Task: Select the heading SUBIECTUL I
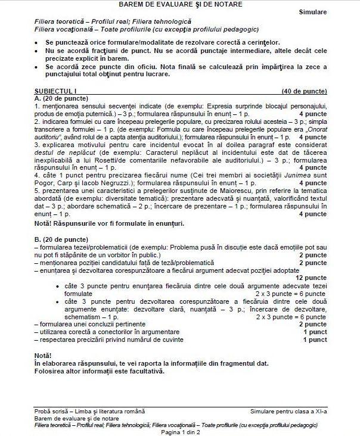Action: click(55, 91)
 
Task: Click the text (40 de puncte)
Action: click(304, 91)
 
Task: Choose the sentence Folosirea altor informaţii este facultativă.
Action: click(100, 370)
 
